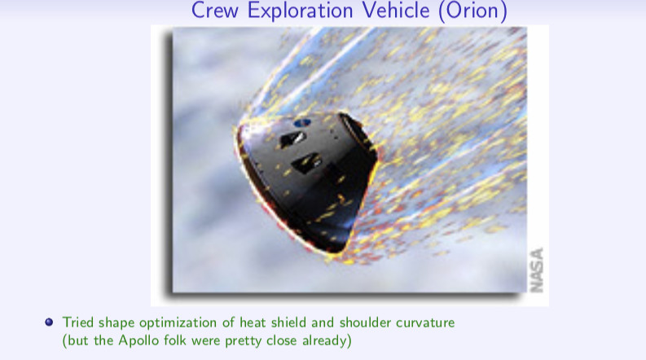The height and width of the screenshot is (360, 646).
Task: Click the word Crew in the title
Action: [214, 10]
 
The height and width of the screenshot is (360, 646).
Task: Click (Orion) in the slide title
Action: [472, 11]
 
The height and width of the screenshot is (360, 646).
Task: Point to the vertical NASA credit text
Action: [536, 270]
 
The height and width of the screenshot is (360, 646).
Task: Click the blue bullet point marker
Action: [49, 322]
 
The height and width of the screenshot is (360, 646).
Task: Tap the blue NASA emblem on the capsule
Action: [302, 122]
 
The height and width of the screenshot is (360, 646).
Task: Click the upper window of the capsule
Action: [292, 139]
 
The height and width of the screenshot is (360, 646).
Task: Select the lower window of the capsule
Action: [306, 163]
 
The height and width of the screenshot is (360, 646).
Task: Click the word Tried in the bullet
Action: [78, 322]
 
